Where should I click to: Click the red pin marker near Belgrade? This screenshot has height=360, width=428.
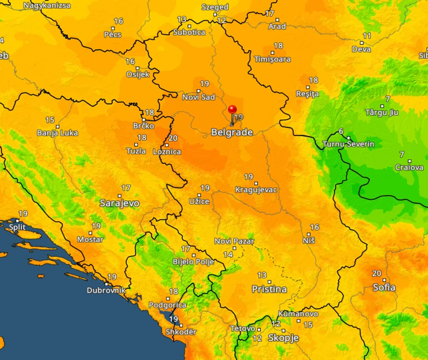(232, 110)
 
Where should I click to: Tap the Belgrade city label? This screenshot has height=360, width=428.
(232, 132)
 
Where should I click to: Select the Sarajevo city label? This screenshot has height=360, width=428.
(119, 203)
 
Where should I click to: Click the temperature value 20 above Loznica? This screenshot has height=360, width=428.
(173, 138)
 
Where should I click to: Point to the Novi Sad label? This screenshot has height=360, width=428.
(198, 97)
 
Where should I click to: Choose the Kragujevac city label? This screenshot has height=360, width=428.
(256, 190)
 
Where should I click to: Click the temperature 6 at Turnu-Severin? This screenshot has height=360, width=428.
(341, 131)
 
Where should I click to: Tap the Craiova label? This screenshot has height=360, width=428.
(409, 168)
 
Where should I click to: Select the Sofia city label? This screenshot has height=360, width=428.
(384, 287)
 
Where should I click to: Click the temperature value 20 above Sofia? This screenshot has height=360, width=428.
(377, 273)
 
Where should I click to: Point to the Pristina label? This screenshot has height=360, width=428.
(269, 290)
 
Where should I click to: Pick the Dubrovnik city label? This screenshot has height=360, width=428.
(106, 291)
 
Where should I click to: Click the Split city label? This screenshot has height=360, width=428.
(17, 227)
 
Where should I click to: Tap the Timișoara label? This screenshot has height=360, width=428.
(272, 59)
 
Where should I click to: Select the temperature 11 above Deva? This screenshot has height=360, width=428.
(367, 36)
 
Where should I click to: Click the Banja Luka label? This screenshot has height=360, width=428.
(57, 133)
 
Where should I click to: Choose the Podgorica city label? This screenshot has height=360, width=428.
(167, 305)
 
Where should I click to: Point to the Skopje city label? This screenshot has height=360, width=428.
(283, 337)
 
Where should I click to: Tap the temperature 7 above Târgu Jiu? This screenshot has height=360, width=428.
(387, 99)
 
